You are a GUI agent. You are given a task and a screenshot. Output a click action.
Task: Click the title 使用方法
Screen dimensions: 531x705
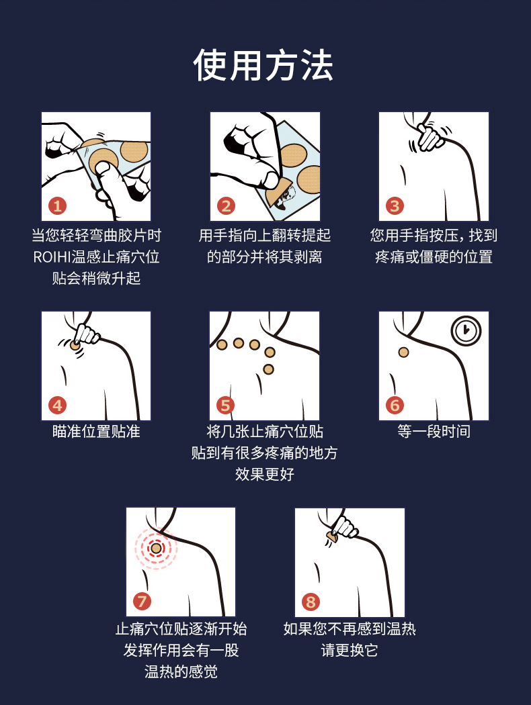tap(263, 65)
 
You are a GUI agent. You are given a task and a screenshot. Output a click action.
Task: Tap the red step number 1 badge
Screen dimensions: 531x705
tap(58, 206)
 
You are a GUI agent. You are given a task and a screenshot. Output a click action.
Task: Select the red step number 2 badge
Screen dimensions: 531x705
tap(226, 206)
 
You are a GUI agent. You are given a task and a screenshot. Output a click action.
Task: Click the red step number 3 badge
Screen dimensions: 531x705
tap(395, 206)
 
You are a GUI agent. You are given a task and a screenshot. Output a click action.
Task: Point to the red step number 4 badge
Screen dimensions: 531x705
tap(58, 405)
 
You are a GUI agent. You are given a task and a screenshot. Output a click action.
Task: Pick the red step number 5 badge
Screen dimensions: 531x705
tap(226, 405)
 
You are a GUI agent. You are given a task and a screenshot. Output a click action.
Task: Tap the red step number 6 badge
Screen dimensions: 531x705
tap(395, 405)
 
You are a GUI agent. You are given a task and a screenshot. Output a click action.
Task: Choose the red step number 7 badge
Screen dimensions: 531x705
tap(142, 601)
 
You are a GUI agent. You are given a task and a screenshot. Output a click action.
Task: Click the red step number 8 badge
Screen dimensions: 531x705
tap(311, 602)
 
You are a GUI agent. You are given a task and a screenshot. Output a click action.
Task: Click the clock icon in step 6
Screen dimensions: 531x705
tap(466, 331)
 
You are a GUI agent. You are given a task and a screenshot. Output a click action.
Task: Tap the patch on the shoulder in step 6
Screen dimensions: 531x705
tap(404, 352)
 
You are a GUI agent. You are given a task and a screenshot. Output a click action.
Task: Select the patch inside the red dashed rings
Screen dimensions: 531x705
tap(156, 548)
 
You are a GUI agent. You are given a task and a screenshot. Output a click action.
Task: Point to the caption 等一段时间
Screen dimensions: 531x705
tap(434, 432)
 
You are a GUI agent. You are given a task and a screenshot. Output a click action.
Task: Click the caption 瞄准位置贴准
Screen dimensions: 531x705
tap(96, 432)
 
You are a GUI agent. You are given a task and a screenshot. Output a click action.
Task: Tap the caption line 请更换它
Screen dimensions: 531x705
tap(350, 650)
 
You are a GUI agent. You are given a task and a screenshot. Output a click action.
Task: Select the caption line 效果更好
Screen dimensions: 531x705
tap(265, 474)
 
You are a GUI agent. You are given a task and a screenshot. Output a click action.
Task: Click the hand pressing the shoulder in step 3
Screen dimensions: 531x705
tap(431, 137)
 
